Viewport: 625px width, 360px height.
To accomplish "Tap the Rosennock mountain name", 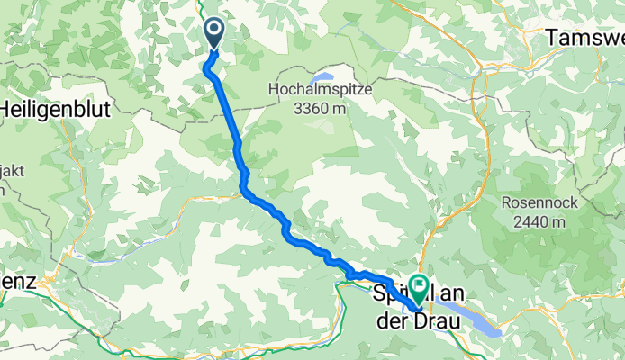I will (534, 202).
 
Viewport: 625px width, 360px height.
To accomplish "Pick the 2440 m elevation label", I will (534, 220).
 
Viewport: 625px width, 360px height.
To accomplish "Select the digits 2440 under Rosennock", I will (525, 220).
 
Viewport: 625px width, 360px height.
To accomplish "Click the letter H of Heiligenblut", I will (5, 105).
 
